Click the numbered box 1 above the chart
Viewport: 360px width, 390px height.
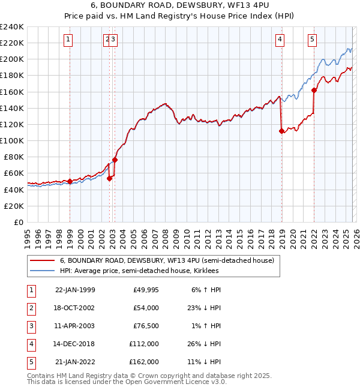[68, 40]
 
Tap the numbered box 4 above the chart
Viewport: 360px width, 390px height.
[280, 40]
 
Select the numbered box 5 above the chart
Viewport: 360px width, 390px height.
[313, 40]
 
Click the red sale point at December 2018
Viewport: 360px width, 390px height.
[281, 131]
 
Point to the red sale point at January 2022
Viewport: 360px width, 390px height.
[314, 91]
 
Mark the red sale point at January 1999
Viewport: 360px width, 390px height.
[70, 181]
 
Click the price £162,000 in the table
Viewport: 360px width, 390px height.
[144, 362]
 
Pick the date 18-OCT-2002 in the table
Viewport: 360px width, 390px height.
[74, 308]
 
